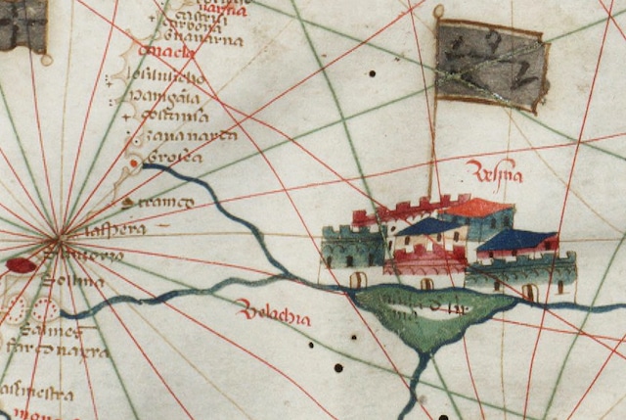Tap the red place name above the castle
click(x=496, y=175)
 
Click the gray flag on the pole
click(x=491, y=66)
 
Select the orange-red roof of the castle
click(x=478, y=208)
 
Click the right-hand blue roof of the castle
click(x=516, y=240)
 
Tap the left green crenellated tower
click(x=352, y=247)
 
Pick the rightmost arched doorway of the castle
click(x=529, y=292)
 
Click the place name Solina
click(x=73, y=284)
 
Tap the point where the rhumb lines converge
click(x=60, y=237)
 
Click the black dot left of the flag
click(x=372, y=73)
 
